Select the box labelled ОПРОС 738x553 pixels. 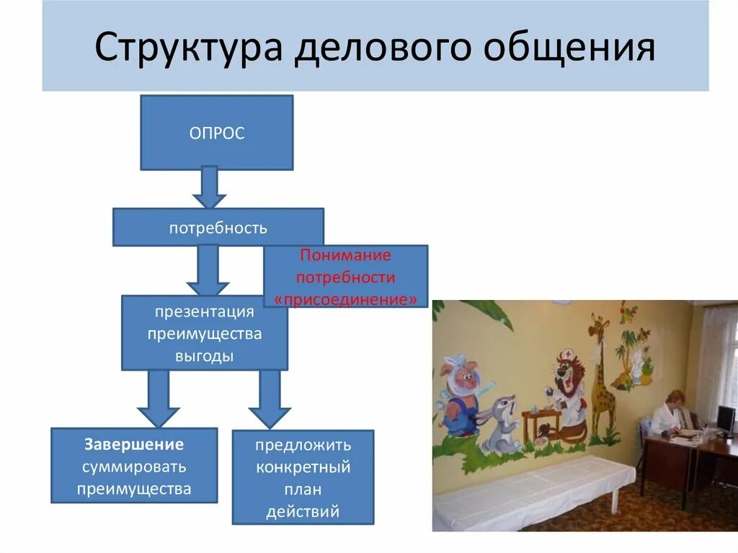point(216,133)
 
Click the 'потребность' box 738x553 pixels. point(218,228)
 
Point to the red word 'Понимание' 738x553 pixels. point(345,255)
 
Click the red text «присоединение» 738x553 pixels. point(346,299)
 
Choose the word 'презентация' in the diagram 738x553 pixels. point(204,312)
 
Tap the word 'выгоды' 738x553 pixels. point(204,356)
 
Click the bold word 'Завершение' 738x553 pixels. point(134,445)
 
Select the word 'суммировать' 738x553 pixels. point(134,466)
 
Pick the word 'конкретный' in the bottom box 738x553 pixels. point(303,467)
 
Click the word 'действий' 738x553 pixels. point(303,511)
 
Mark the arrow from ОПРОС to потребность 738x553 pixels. point(209,187)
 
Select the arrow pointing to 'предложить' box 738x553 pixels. point(270,400)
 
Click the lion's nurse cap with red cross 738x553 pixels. point(567,355)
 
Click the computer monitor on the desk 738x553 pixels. point(725,418)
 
